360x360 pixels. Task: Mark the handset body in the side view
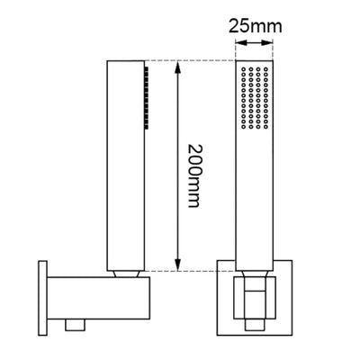pos(125,162)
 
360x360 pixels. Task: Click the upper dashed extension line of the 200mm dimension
pos(193,61)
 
